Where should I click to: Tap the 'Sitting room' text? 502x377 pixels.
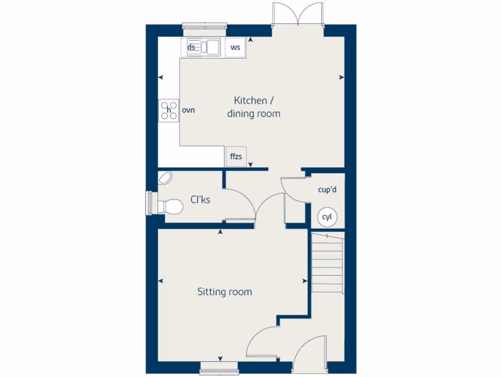225,292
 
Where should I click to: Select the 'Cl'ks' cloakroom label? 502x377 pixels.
200,200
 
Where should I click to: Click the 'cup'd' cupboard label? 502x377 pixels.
327,189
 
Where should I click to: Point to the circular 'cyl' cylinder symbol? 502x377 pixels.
327,217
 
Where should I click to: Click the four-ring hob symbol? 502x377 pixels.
169,111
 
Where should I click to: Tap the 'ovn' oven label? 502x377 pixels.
188,110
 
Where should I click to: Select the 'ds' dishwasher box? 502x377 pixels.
192,48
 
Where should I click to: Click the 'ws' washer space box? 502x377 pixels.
235,48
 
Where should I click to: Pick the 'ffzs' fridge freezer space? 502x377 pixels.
236,157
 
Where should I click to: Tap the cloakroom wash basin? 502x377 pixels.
166,178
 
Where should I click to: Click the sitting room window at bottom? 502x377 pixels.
219,366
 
